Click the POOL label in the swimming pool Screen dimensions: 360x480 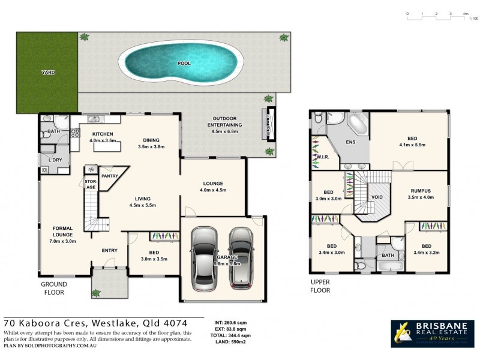pos(183,62)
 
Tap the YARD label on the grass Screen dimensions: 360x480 pos(48,72)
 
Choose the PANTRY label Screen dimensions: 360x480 pos(109,176)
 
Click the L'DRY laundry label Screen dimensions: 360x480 pos(56,160)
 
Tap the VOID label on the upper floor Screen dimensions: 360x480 pos(377,196)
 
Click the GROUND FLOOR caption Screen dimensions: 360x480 pos(53,288)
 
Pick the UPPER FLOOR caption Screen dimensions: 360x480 pos(320,286)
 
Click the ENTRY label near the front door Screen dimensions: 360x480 pos(109,250)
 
